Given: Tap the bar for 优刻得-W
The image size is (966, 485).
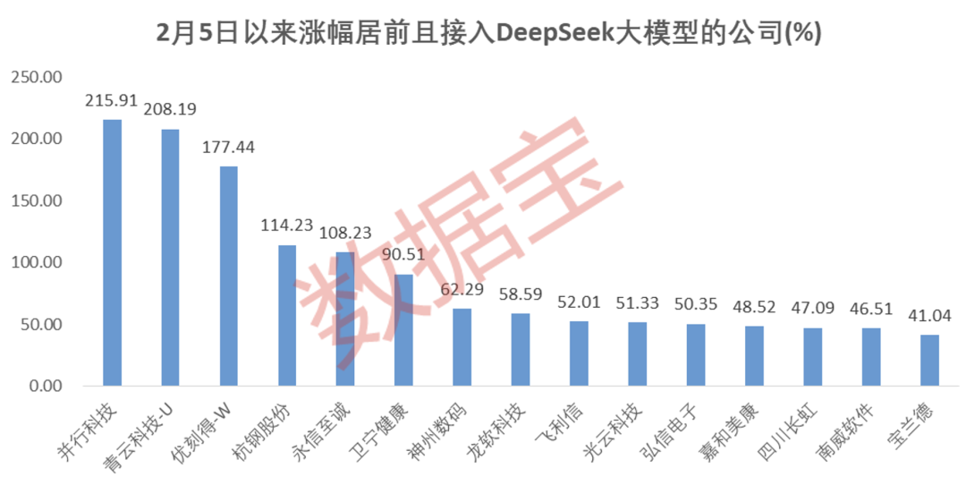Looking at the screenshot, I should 229,277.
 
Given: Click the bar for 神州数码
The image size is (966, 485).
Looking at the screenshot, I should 462,347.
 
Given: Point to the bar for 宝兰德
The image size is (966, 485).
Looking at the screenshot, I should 930,361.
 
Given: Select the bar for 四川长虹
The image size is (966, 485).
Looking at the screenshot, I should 813,357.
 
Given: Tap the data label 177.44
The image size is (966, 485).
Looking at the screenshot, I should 229,148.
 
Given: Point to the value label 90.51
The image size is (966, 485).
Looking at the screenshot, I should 404,255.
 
